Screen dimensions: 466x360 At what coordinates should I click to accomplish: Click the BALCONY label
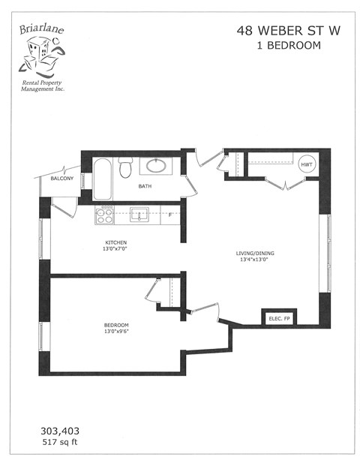coord(61,179)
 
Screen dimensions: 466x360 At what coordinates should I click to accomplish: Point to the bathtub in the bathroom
coord(102,177)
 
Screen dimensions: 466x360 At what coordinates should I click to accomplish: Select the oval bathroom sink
coord(158,166)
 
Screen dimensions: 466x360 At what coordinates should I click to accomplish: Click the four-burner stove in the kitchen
coord(103,215)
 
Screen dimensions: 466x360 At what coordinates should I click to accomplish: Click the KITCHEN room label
coord(115,242)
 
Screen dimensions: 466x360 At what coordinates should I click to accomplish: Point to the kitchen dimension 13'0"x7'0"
coord(115,248)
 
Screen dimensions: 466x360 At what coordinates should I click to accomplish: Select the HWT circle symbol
coord(306,164)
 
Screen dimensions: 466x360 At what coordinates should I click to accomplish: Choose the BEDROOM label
coord(116,325)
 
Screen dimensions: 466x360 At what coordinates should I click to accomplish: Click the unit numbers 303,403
coord(60,431)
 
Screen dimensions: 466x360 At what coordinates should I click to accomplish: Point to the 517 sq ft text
coord(60,443)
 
